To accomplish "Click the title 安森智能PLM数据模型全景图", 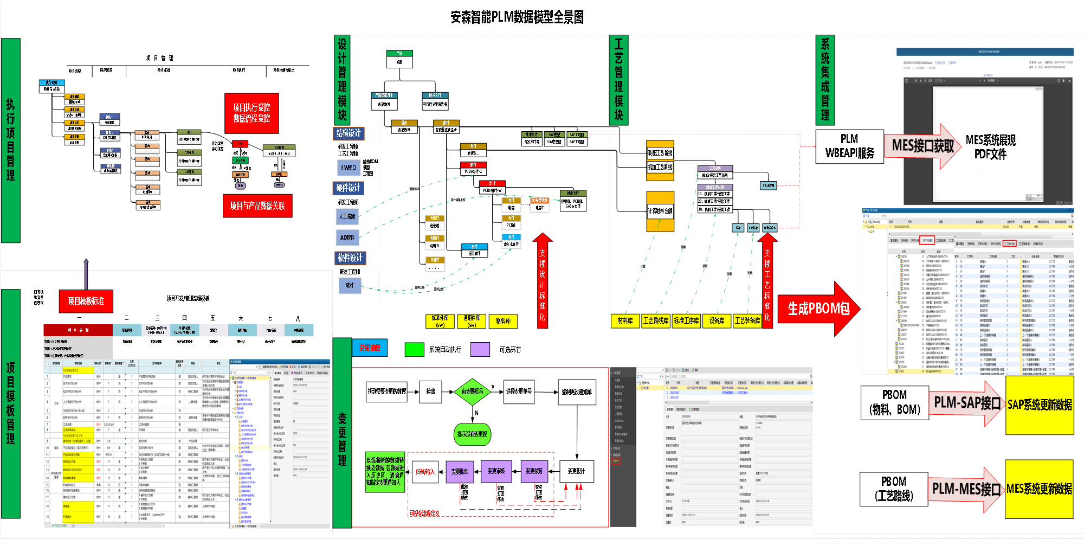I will pos(517,17).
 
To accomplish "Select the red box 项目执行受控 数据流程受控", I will pos(251,113).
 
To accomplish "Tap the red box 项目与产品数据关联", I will pos(257,206).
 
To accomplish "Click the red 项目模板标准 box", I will pos(86,301).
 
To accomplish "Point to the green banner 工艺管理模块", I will pos(618,80).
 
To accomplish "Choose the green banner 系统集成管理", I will pos(825,80).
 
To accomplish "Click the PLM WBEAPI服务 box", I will pos(849,146).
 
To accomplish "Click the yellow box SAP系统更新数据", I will pos(1039,405).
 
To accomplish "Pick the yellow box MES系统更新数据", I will pos(1039,489).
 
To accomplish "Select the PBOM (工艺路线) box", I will pos(893,489).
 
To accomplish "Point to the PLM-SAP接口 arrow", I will pos(967,403).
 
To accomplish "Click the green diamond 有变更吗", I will pos(472,392).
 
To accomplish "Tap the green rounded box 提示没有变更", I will pos(472,434).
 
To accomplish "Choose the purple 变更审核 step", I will pos(496,471).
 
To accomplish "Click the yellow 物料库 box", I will pos(503,322).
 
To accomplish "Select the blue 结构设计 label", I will pos(349,133).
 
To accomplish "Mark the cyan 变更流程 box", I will pos(370,348).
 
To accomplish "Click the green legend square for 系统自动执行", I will pos(414,350).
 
